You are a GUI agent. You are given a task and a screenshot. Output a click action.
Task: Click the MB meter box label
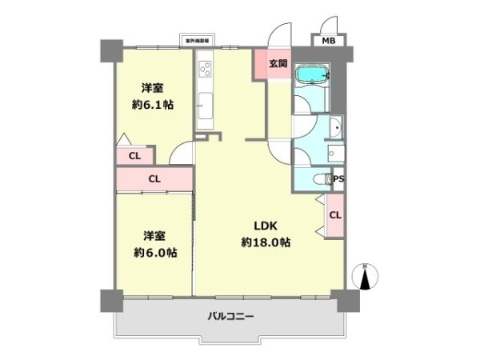[329, 40]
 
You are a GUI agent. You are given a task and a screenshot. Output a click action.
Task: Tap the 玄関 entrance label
[278, 63]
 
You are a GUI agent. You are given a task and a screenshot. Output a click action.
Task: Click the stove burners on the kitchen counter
[204, 67]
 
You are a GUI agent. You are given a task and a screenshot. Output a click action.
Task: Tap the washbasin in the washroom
[335, 129]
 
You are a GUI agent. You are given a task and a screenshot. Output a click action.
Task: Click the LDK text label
[265, 225]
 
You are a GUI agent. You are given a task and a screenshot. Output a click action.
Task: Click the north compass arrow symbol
[366, 278]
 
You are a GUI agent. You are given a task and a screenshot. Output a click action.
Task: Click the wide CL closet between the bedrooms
[154, 178]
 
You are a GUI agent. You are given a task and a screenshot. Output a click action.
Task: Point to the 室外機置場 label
[196, 39]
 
